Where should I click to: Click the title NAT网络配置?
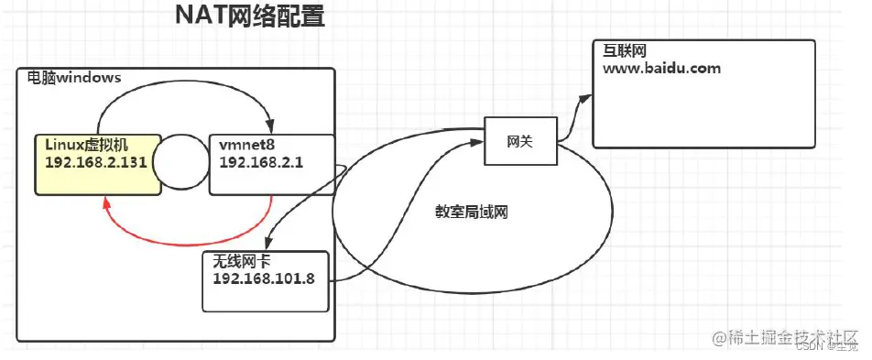[248, 16]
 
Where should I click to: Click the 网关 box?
[519, 141]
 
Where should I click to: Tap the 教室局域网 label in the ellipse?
[471, 212]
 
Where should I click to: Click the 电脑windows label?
[74, 78]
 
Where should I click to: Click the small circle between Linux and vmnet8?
[180, 163]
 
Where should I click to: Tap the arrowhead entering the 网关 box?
[478, 141]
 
